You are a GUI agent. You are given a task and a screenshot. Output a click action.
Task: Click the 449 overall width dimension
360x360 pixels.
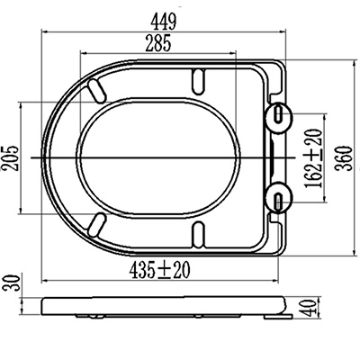[x=164, y=22]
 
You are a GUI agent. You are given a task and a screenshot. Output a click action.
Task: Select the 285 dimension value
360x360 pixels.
[x=158, y=43]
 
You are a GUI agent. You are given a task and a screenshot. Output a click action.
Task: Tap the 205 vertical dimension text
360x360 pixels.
[x=11, y=158]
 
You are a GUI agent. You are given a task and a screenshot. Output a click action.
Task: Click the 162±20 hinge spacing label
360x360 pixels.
[x=314, y=158]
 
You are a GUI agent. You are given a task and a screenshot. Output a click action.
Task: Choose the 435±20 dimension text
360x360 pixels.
[x=159, y=270]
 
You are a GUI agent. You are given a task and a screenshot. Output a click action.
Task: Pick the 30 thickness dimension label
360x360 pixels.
[x=11, y=283]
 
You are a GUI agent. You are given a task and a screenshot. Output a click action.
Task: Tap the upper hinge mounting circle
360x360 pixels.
[x=279, y=114]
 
